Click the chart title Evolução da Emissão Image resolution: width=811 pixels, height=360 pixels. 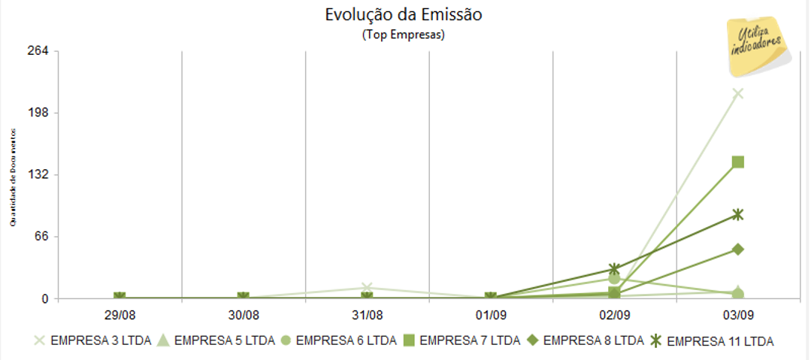(403, 16)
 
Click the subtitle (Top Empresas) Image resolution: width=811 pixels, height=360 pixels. (403, 35)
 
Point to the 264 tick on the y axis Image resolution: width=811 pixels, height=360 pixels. (38, 51)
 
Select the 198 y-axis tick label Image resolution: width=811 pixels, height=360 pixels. (38, 113)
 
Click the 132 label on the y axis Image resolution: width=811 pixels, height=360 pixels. (38, 174)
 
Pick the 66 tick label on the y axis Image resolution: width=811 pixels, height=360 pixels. (41, 237)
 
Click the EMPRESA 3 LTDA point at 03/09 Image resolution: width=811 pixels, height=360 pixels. (738, 93)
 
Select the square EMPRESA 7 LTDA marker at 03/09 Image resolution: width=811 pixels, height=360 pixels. (738, 162)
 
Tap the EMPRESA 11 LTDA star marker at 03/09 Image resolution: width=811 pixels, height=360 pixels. (738, 214)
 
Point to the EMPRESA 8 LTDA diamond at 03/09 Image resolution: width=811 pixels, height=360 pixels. (738, 249)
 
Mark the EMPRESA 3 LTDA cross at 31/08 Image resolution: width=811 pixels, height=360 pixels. (367, 288)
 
